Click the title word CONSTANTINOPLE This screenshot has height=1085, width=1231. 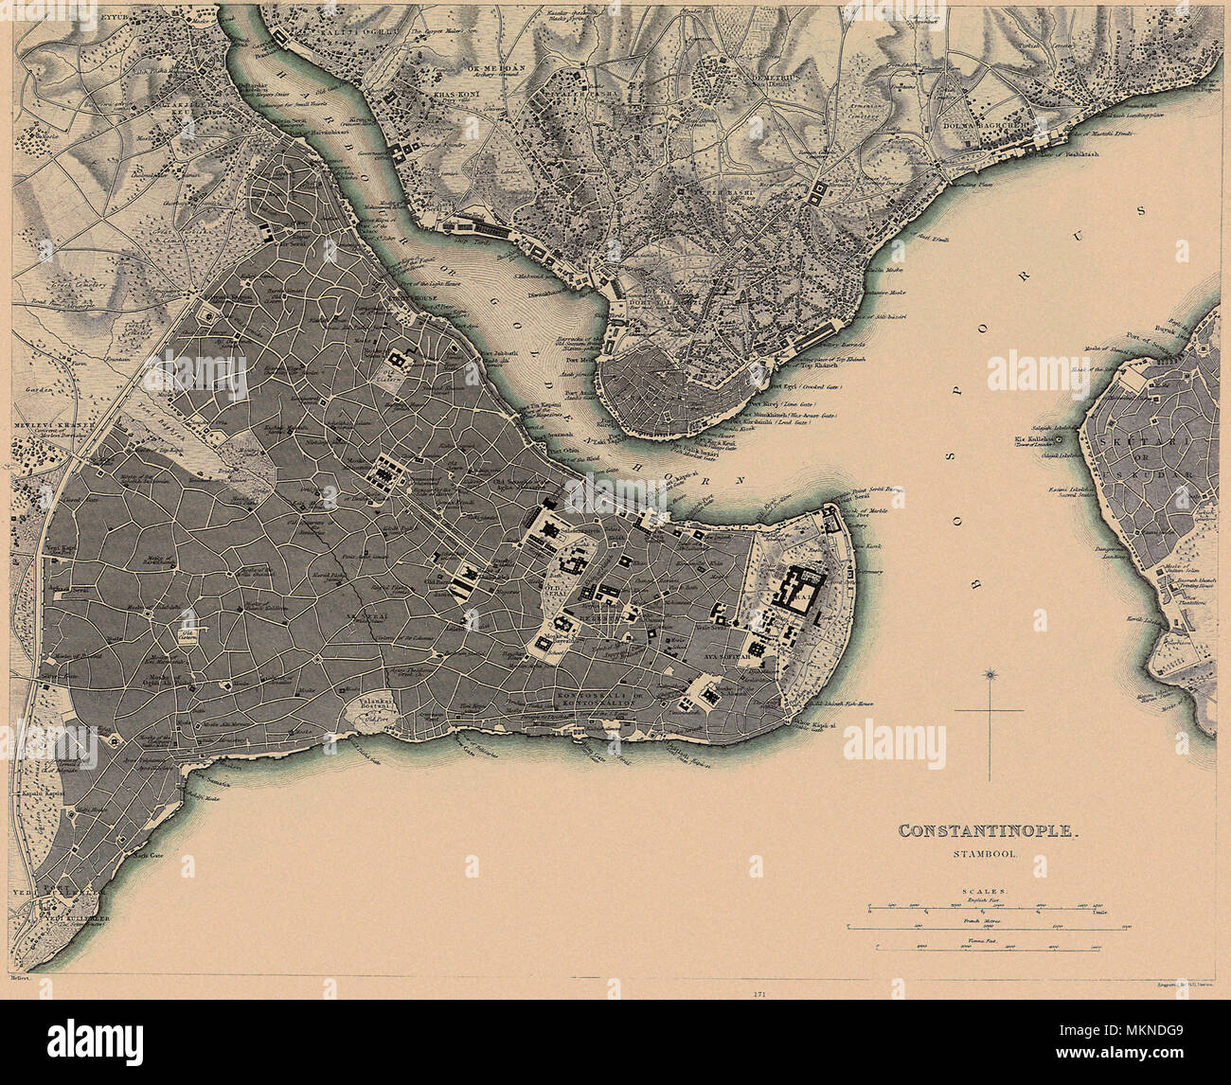click(x=988, y=831)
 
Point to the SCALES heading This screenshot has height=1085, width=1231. click(x=987, y=892)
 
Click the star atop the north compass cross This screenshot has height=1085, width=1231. click(x=990, y=675)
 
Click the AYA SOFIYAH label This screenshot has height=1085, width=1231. click(x=726, y=655)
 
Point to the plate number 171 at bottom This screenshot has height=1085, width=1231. click(x=758, y=994)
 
